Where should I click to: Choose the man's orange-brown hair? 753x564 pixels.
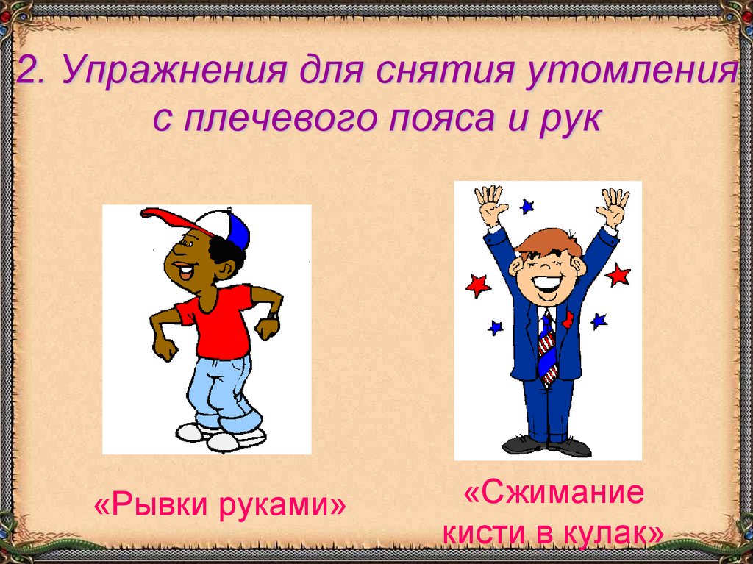click(x=548, y=240)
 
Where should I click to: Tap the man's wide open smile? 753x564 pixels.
click(x=545, y=283)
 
